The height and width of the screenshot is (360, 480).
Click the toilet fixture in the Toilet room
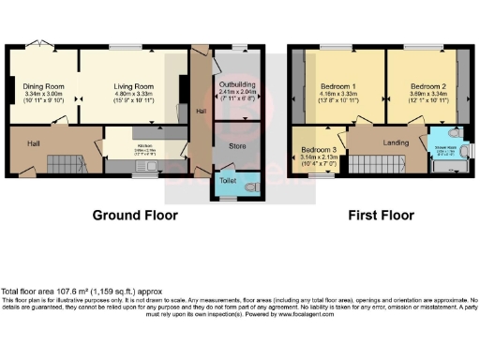tap(248, 188)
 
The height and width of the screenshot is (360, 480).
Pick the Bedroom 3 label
tap(320, 150)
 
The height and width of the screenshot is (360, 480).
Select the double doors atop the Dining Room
tap(37, 45)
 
